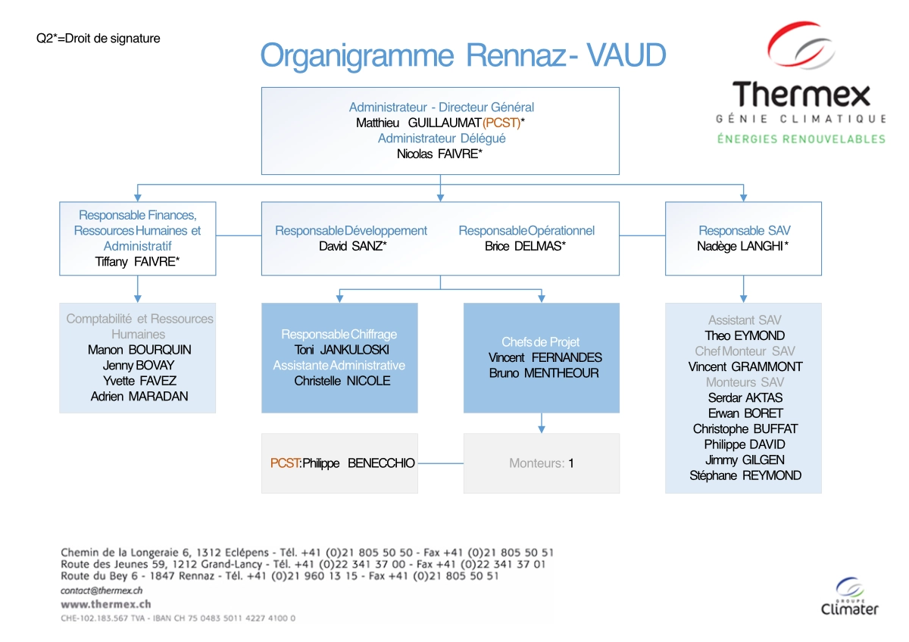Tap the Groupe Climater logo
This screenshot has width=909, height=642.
click(850, 597)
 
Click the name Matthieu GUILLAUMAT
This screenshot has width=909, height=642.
click(418, 123)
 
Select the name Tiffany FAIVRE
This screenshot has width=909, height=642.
click(137, 261)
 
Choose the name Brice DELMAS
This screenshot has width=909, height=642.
click(525, 246)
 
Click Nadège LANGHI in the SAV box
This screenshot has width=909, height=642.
click(742, 246)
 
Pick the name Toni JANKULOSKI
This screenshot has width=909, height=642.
click(339, 350)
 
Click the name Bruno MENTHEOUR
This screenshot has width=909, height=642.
click(544, 373)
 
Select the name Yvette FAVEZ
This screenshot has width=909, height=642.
click(138, 381)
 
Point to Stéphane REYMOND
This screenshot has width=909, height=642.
click(745, 475)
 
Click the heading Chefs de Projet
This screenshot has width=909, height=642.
click(540, 342)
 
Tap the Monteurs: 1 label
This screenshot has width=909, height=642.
click(541, 463)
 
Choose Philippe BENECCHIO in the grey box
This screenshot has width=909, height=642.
click(358, 463)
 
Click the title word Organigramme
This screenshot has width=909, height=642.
click(358, 56)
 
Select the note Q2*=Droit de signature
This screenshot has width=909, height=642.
click(98, 38)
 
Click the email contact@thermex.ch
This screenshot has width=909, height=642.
click(102, 590)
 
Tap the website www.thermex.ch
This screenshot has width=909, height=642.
click(95, 604)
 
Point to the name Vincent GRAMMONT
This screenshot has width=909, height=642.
click(745, 366)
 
